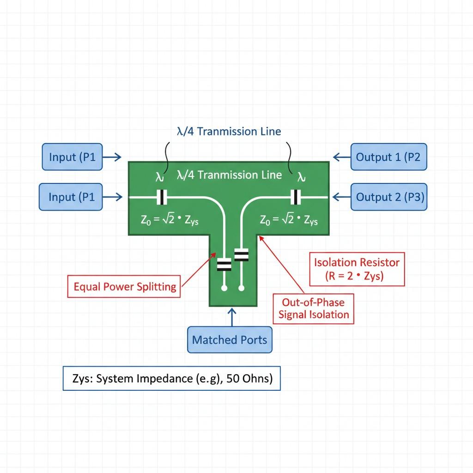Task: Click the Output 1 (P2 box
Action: tap(389, 157)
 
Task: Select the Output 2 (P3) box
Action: tap(389, 197)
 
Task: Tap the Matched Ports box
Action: tap(230, 340)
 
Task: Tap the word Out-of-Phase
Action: tap(314, 303)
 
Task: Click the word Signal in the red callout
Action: tap(295, 315)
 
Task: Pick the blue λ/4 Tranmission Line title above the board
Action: tap(229, 132)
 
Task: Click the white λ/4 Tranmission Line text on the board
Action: tap(229, 175)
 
